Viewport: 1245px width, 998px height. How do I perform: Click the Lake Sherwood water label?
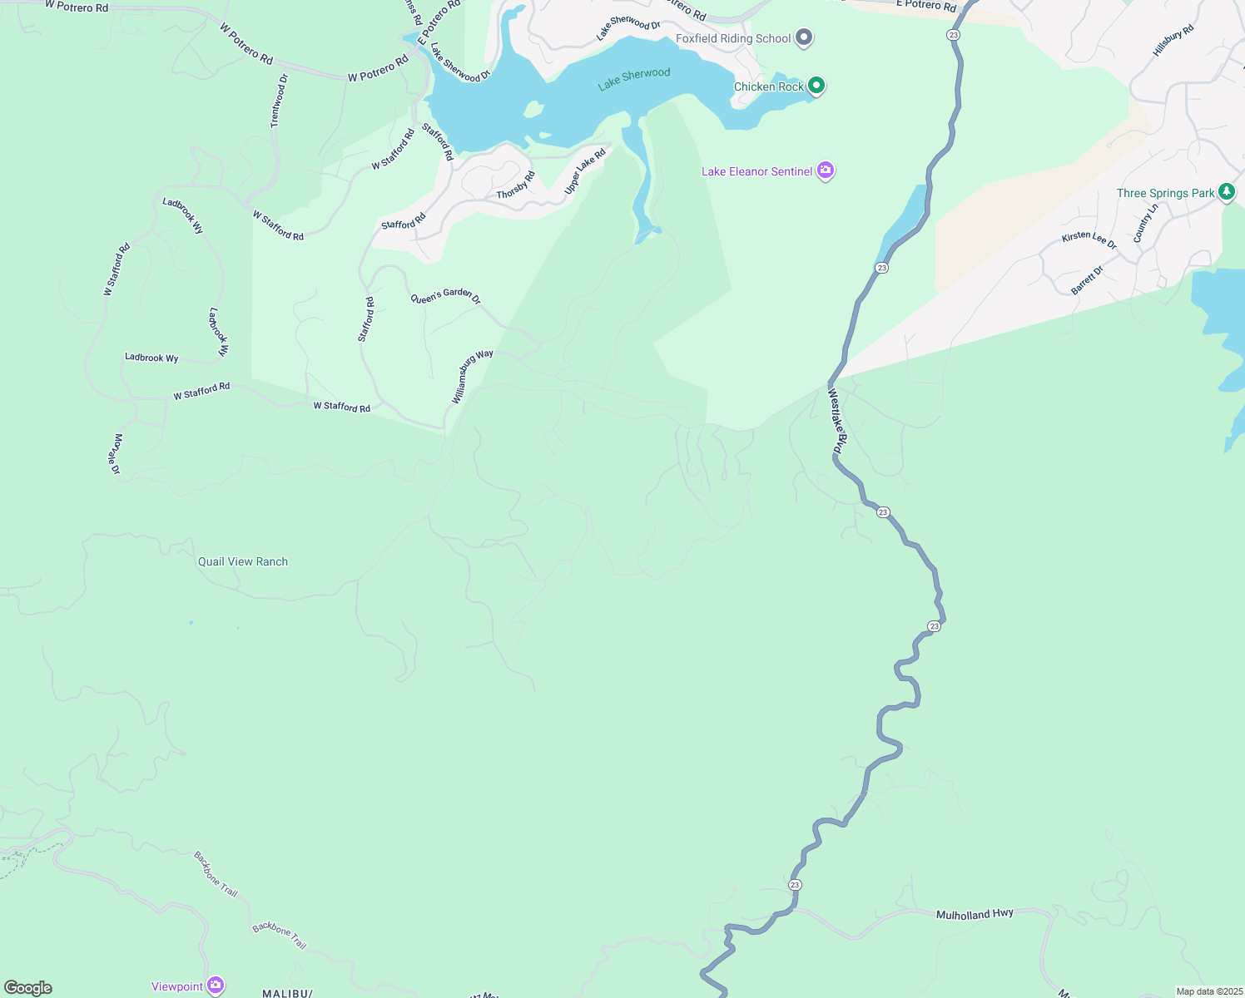634,79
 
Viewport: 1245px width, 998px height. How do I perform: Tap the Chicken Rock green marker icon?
816,86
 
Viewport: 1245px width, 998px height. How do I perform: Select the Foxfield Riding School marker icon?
804,37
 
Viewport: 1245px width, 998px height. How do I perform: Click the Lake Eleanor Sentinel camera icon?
826,170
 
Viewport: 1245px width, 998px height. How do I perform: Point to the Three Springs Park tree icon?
1226,192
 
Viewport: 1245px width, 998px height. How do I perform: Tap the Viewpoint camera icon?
216,986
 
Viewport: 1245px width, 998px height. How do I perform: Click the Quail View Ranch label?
243,561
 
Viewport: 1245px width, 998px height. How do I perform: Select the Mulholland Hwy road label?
975,914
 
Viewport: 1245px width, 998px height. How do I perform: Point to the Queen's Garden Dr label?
445,295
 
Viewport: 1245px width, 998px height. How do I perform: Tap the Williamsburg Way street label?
472,377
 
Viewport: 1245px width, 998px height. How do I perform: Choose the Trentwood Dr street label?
279,101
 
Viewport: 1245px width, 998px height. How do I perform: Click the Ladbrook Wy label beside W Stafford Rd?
151,358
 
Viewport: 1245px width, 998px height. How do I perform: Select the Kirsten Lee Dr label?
1089,240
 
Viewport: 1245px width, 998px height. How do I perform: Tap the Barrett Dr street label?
1087,279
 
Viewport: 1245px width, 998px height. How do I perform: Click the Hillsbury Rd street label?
1173,41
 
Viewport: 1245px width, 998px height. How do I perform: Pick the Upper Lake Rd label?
585,171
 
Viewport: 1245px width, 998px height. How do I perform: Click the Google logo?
28,988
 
